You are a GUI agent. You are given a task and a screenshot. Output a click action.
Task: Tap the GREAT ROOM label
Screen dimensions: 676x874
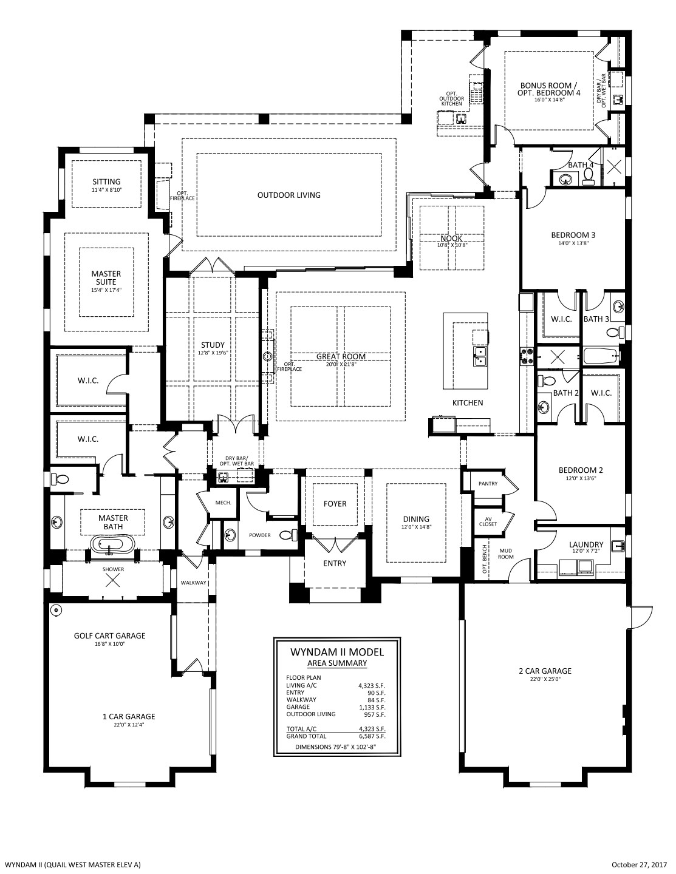[341, 356]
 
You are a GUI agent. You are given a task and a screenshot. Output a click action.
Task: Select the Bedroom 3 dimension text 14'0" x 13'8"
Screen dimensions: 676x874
[573, 243]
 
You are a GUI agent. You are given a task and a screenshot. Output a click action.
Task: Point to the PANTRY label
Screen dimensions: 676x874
[488, 484]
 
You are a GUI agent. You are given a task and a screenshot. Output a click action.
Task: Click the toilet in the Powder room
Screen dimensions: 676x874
[288, 535]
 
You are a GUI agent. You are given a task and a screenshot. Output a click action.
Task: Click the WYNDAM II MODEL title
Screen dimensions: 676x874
[337, 652]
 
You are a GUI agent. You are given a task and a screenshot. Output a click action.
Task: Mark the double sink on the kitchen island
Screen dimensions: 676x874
[480, 356]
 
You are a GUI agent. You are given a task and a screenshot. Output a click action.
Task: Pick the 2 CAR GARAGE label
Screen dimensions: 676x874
[545, 671]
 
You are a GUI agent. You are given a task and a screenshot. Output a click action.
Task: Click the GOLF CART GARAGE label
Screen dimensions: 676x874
[109, 636]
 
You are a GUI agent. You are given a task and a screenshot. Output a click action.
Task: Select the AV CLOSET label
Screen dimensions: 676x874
[488, 521]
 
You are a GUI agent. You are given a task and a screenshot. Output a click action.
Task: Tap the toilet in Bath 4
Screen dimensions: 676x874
[588, 176]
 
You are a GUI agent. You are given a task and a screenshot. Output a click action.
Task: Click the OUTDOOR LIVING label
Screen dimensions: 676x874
[289, 195]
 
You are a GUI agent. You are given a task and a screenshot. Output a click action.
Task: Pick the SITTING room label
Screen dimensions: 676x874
[107, 182]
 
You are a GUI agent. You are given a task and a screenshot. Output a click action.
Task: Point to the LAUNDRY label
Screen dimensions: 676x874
[586, 544]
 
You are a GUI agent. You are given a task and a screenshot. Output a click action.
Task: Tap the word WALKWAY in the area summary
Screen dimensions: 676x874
[301, 700]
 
